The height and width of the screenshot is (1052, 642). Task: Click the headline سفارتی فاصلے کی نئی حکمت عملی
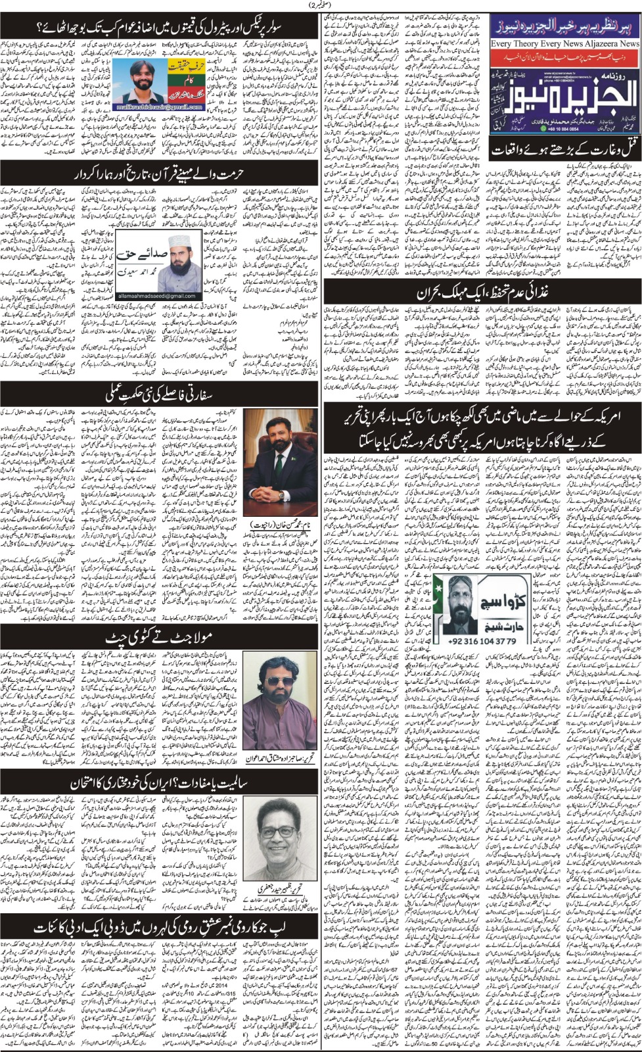tap(156, 394)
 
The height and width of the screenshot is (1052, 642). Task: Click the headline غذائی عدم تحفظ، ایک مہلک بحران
tap(483, 291)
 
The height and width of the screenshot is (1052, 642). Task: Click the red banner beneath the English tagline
tap(565, 56)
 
